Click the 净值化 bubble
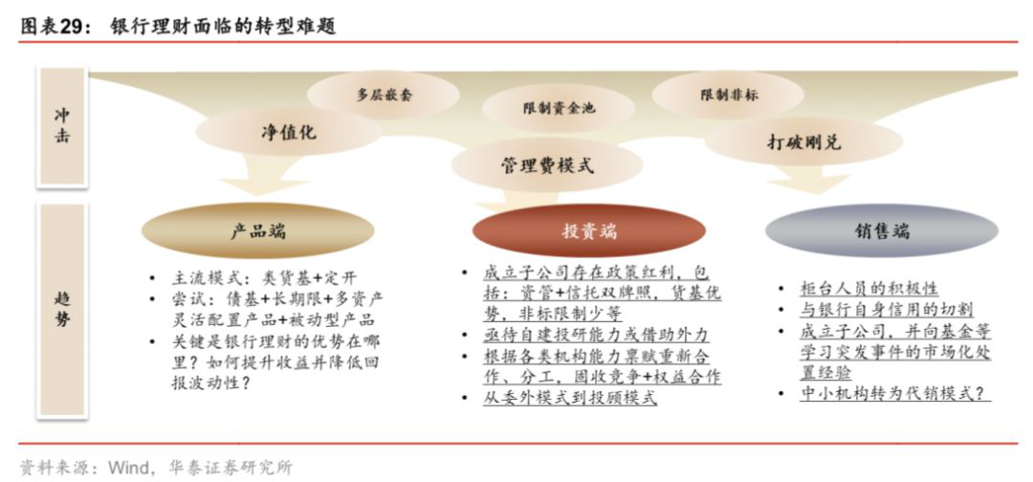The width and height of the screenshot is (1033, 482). (288, 132)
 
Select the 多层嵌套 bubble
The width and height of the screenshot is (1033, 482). (384, 95)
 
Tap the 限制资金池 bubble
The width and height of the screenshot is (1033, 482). (559, 107)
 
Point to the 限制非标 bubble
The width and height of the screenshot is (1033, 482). (728, 95)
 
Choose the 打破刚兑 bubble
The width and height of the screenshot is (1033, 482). (803, 142)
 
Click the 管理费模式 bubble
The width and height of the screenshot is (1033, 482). (547, 164)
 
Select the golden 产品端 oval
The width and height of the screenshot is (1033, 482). (258, 231)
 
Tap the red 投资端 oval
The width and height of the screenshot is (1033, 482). (589, 231)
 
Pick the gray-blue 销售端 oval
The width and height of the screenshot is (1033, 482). (882, 230)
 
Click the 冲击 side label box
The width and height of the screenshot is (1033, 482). (62, 126)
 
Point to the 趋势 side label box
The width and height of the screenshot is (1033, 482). (62, 310)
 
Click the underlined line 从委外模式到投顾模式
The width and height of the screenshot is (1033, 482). (570, 398)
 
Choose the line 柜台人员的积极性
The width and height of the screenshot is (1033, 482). (868, 289)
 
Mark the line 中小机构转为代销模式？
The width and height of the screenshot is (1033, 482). (895, 393)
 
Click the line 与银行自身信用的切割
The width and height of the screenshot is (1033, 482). (886, 310)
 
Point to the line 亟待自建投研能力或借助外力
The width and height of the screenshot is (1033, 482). (596, 335)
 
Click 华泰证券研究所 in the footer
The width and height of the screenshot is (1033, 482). (230, 468)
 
